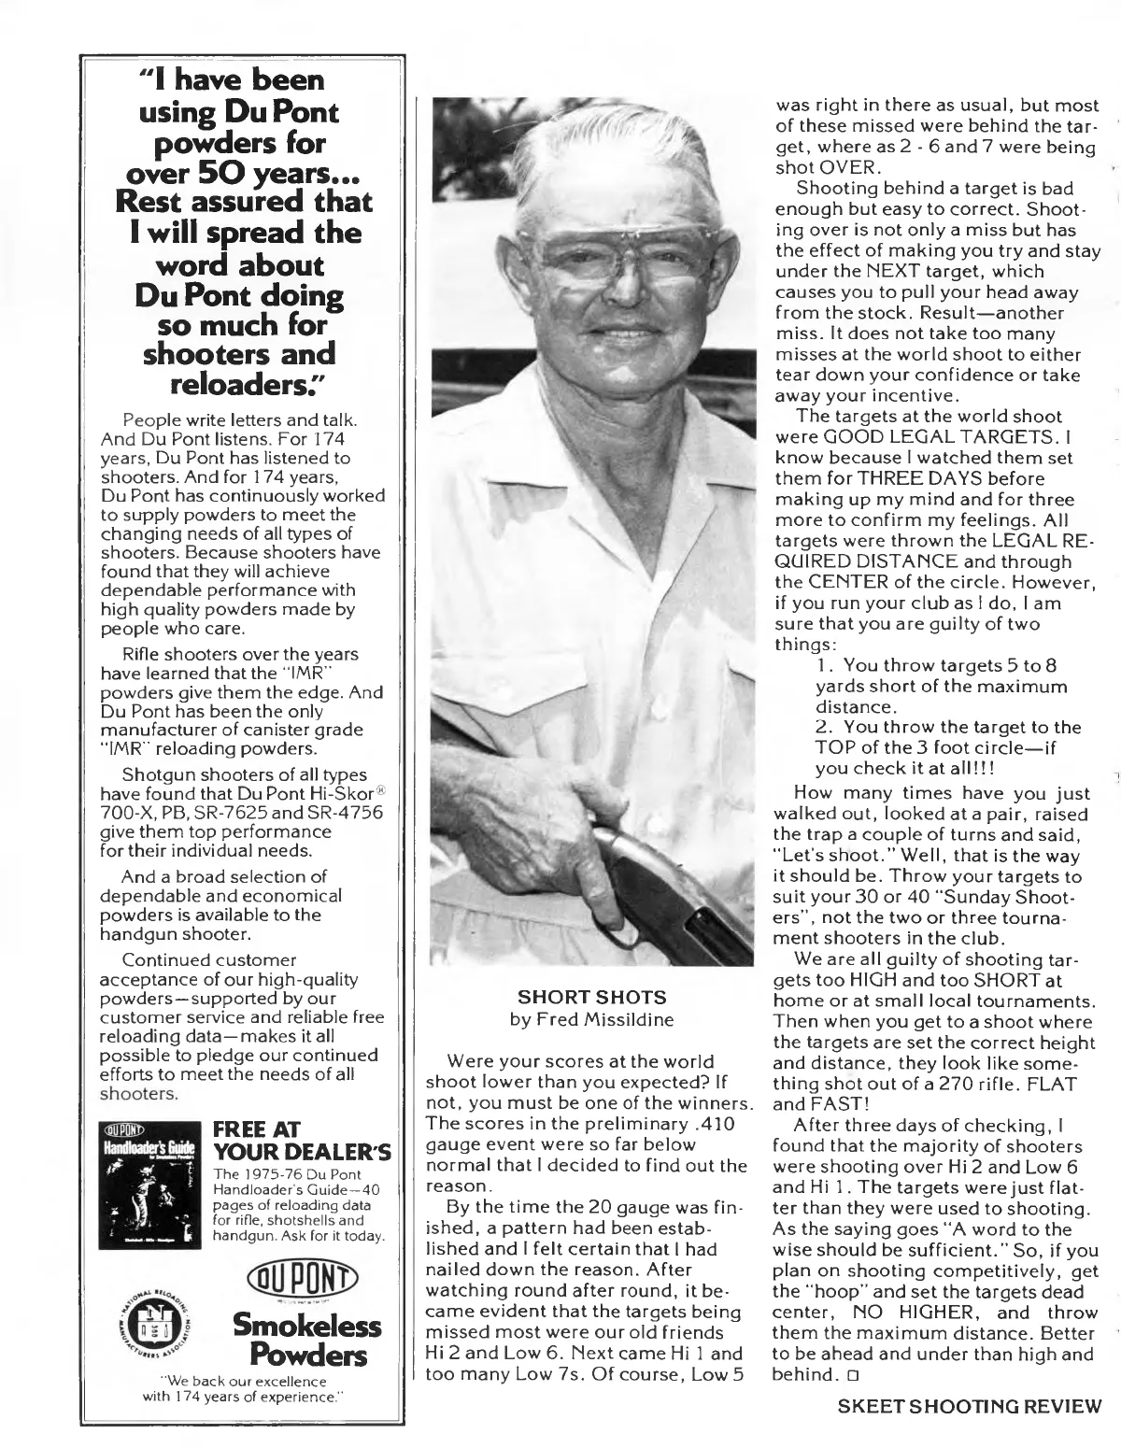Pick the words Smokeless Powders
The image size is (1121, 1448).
[306, 1341]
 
